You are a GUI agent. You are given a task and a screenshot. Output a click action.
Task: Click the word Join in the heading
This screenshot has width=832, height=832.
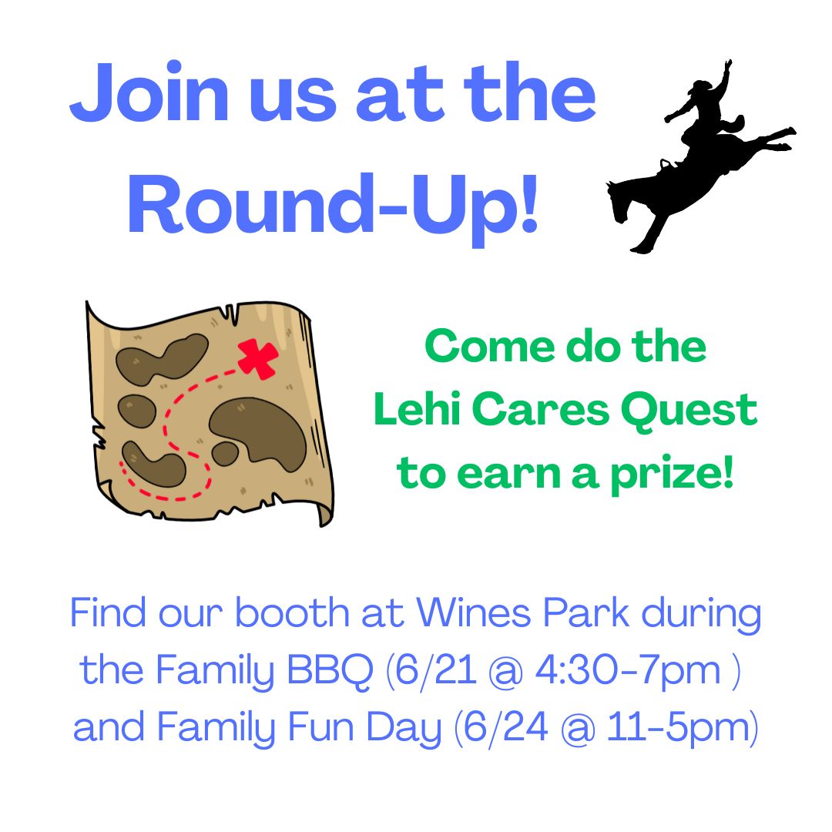[149, 93]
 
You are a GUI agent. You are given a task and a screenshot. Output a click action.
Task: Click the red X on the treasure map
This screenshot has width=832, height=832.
[258, 359]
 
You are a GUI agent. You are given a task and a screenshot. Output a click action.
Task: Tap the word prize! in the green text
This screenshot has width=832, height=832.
[672, 474]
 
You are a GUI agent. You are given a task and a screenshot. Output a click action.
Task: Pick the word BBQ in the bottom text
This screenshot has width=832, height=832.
[330, 671]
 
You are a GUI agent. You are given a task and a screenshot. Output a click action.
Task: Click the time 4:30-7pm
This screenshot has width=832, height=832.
[628, 671]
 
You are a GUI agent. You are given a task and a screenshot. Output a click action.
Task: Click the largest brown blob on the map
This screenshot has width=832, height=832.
[258, 432]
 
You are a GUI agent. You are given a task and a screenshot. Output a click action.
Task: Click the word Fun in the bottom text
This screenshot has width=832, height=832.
[321, 727]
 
